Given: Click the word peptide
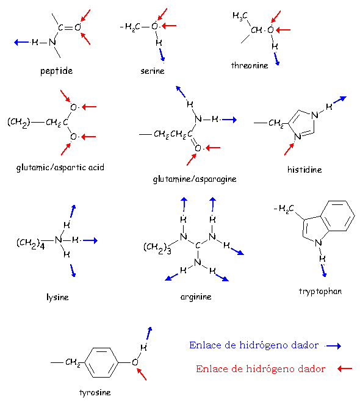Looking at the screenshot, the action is [x=56, y=71].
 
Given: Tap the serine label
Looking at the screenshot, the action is [x=153, y=71].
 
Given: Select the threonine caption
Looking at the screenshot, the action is [x=250, y=66].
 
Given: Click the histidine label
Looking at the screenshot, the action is [x=304, y=170].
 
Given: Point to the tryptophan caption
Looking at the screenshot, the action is [x=320, y=292].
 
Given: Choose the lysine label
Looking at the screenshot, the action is [x=57, y=298].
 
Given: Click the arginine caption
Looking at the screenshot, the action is [x=196, y=297].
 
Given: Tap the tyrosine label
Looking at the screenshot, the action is [x=95, y=393].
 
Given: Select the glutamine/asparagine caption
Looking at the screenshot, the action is [x=195, y=179].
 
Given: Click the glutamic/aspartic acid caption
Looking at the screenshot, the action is [x=60, y=168].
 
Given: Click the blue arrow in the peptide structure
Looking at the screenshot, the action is [x=21, y=42].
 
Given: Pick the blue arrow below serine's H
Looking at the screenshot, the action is [x=162, y=56].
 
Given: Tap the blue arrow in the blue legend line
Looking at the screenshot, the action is [x=333, y=346].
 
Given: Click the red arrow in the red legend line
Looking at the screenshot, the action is [x=345, y=368].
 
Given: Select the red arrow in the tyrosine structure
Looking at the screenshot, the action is [x=142, y=375].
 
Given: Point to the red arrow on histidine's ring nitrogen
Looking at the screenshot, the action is [x=289, y=149].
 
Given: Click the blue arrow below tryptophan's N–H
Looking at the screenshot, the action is [x=324, y=271].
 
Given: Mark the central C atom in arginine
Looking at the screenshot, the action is [x=198, y=246].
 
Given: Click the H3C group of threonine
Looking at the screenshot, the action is [x=240, y=16].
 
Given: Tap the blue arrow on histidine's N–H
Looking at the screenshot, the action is [x=340, y=99].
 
